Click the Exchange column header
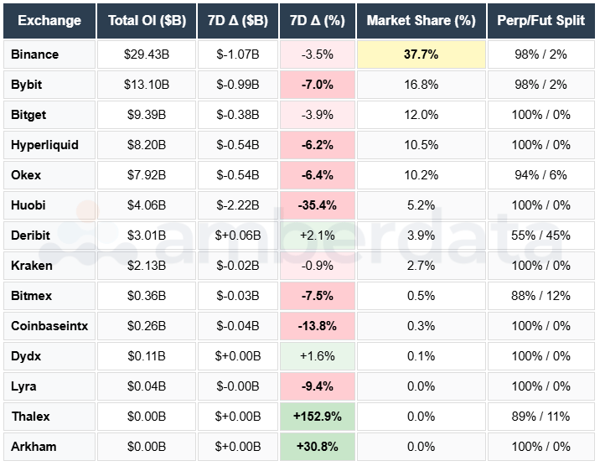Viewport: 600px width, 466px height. pos(49,20)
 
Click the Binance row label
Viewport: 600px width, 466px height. pos(35,54)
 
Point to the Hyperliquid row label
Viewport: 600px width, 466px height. pos(45,145)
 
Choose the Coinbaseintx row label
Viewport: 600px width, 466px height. pos(49,326)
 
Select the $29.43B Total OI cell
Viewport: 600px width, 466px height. pos(147,54)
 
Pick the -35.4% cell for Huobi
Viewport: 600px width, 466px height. pos(316,205)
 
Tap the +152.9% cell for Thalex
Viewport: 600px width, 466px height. pos(316,417)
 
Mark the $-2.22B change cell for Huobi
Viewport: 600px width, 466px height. pos(238,205)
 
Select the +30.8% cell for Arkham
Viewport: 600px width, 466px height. pos(316,447)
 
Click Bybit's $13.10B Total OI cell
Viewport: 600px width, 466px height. pos(147,85)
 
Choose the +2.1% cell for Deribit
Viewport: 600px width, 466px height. pos(316,236)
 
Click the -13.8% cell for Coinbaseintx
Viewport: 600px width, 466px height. pos(316,326)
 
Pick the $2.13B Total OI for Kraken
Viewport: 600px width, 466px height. pos(147,266)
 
